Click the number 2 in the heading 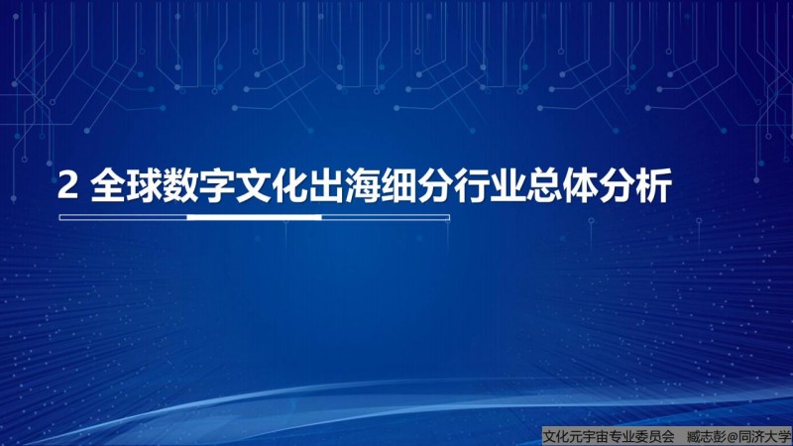click(67, 185)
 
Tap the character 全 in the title click(108, 185)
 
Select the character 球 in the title click(145, 185)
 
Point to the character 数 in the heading click(181, 185)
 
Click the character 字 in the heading click(217, 185)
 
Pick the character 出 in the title click(327, 185)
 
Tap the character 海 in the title click(363, 185)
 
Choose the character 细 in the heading click(399, 185)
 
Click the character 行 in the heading click(473, 185)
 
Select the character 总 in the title click(545, 185)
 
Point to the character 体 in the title click(582, 185)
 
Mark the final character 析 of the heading click(654, 185)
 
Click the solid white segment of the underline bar click(255, 217)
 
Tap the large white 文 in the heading click(254, 185)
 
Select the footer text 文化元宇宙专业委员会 click(609, 436)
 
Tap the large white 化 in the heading click(290, 185)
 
